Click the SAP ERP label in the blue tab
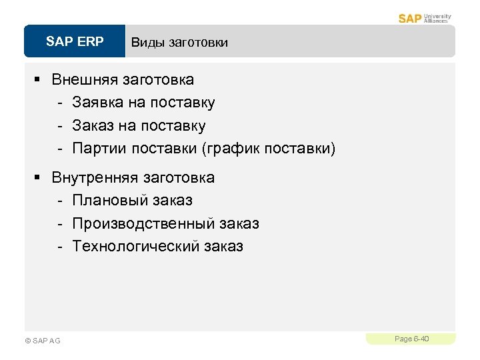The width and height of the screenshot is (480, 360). coord(75,42)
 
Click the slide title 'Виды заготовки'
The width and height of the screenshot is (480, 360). coord(179,43)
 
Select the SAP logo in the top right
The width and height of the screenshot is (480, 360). coord(410,18)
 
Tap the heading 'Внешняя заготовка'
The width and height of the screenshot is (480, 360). coord(123,80)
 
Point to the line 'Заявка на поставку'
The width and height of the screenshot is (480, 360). coord(143,103)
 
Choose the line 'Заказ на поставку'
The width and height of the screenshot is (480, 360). coord(139,125)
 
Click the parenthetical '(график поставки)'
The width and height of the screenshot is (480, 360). coord(268,148)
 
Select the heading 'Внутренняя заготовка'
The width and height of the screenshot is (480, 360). coord(133,177)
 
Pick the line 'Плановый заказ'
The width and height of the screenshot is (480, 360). coord(132,200)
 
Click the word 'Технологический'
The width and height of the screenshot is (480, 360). coord(136,246)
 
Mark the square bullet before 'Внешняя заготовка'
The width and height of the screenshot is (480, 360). coord(38,80)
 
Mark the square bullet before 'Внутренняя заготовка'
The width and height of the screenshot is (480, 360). coord(38,177)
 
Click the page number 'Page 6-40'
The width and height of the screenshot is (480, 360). coord(411,339)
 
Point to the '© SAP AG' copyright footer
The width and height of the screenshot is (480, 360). coord(42,341)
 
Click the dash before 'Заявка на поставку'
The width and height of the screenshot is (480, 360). coord(60,103)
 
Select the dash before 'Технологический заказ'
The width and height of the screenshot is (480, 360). coord(60,247)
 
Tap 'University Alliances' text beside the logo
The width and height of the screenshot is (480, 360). coord(437,18)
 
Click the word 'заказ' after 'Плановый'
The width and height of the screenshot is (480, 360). coord(172,200)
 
